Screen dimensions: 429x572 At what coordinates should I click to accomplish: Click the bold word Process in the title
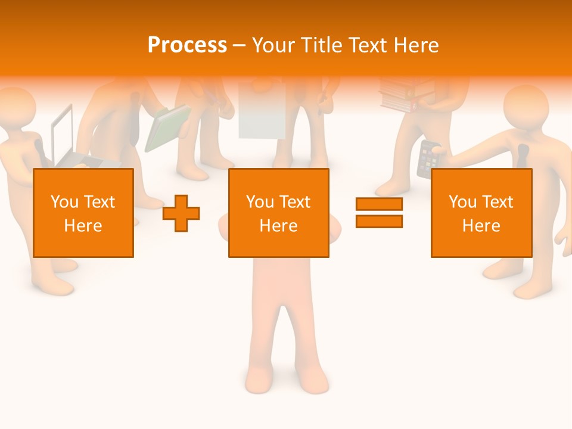pyautogui.click(x=187, y=45)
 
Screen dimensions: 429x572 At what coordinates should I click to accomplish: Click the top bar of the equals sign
pyautogui.click(x=379, y=204)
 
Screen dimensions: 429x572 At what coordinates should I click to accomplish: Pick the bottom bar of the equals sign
pyautogui.click(x=379, y=221)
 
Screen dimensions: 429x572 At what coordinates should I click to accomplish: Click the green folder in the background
pyautogui.click(x=167, y=128)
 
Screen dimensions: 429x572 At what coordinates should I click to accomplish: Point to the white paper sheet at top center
pyautogui.click(x=262, y=110)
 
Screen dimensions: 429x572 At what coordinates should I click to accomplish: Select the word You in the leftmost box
pyautogui.click(x=64, y=202)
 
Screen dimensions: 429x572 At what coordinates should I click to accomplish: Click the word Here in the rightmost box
pyautogui.click(x=481, y=226)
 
